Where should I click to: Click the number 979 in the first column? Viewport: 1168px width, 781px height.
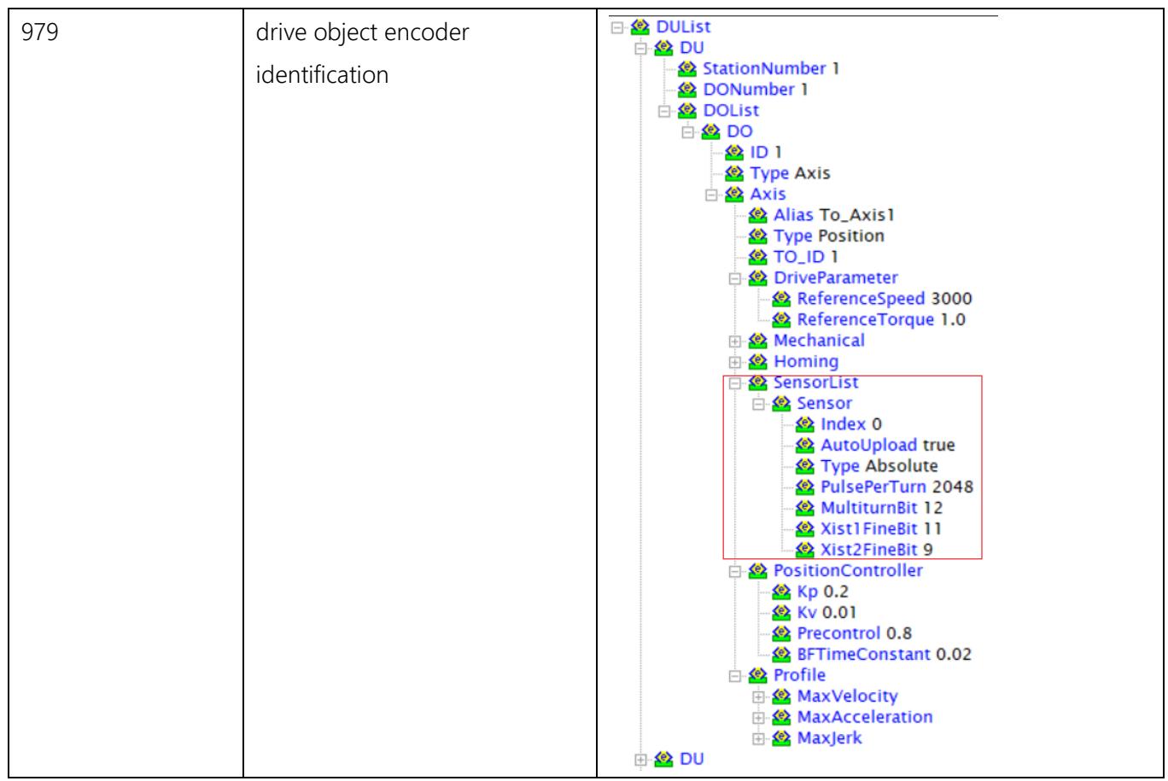(x=39, y=32)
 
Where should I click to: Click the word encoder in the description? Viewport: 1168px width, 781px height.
(x=427, y=32)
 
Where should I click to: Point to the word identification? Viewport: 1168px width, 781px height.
(x=322, y=74)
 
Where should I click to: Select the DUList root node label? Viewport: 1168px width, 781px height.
(x=683, y=26)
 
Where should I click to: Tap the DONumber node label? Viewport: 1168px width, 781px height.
(x=749, y=89)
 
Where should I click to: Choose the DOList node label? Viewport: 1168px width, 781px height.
(x=731, y=110)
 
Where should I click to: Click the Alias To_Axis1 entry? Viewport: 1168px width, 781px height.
(x=834, y=215)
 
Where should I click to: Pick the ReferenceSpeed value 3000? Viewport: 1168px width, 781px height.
(x=952, y=298)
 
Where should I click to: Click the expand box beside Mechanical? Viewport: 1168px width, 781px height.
(x=734, y=341)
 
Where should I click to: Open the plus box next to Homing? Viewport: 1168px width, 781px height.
(x=734, y=362)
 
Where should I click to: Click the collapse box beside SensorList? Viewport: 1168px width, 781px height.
(x=734, y=383)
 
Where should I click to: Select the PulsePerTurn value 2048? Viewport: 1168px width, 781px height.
(x=953, y=487)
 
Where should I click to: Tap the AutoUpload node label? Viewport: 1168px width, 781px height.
(x=868, y=445)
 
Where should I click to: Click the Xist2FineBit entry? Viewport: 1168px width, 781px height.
(x=877, y=550)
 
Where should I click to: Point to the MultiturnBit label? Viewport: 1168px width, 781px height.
(x=868, y=507)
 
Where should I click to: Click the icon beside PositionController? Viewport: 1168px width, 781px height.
(x=757, y=571)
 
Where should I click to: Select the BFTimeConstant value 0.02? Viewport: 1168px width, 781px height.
(x=954, y=654)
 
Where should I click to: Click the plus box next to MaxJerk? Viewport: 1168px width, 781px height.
(x=758, y=739)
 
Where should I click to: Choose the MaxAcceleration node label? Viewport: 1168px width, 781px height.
(x=865, y=717)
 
